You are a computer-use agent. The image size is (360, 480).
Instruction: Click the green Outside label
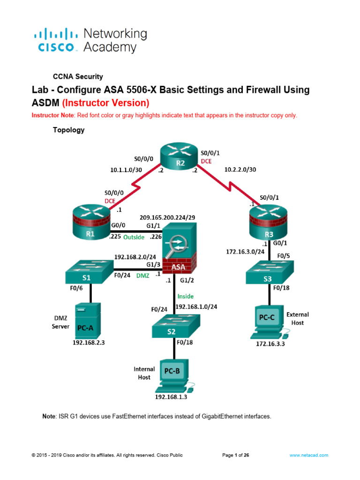[134, 238]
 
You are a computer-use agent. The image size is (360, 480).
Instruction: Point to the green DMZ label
[142, 276]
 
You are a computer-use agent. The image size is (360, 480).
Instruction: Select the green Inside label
[185, 296]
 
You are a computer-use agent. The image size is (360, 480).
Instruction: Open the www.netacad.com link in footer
[308, 455]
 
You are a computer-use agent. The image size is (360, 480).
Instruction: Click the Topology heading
[68, 130]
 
